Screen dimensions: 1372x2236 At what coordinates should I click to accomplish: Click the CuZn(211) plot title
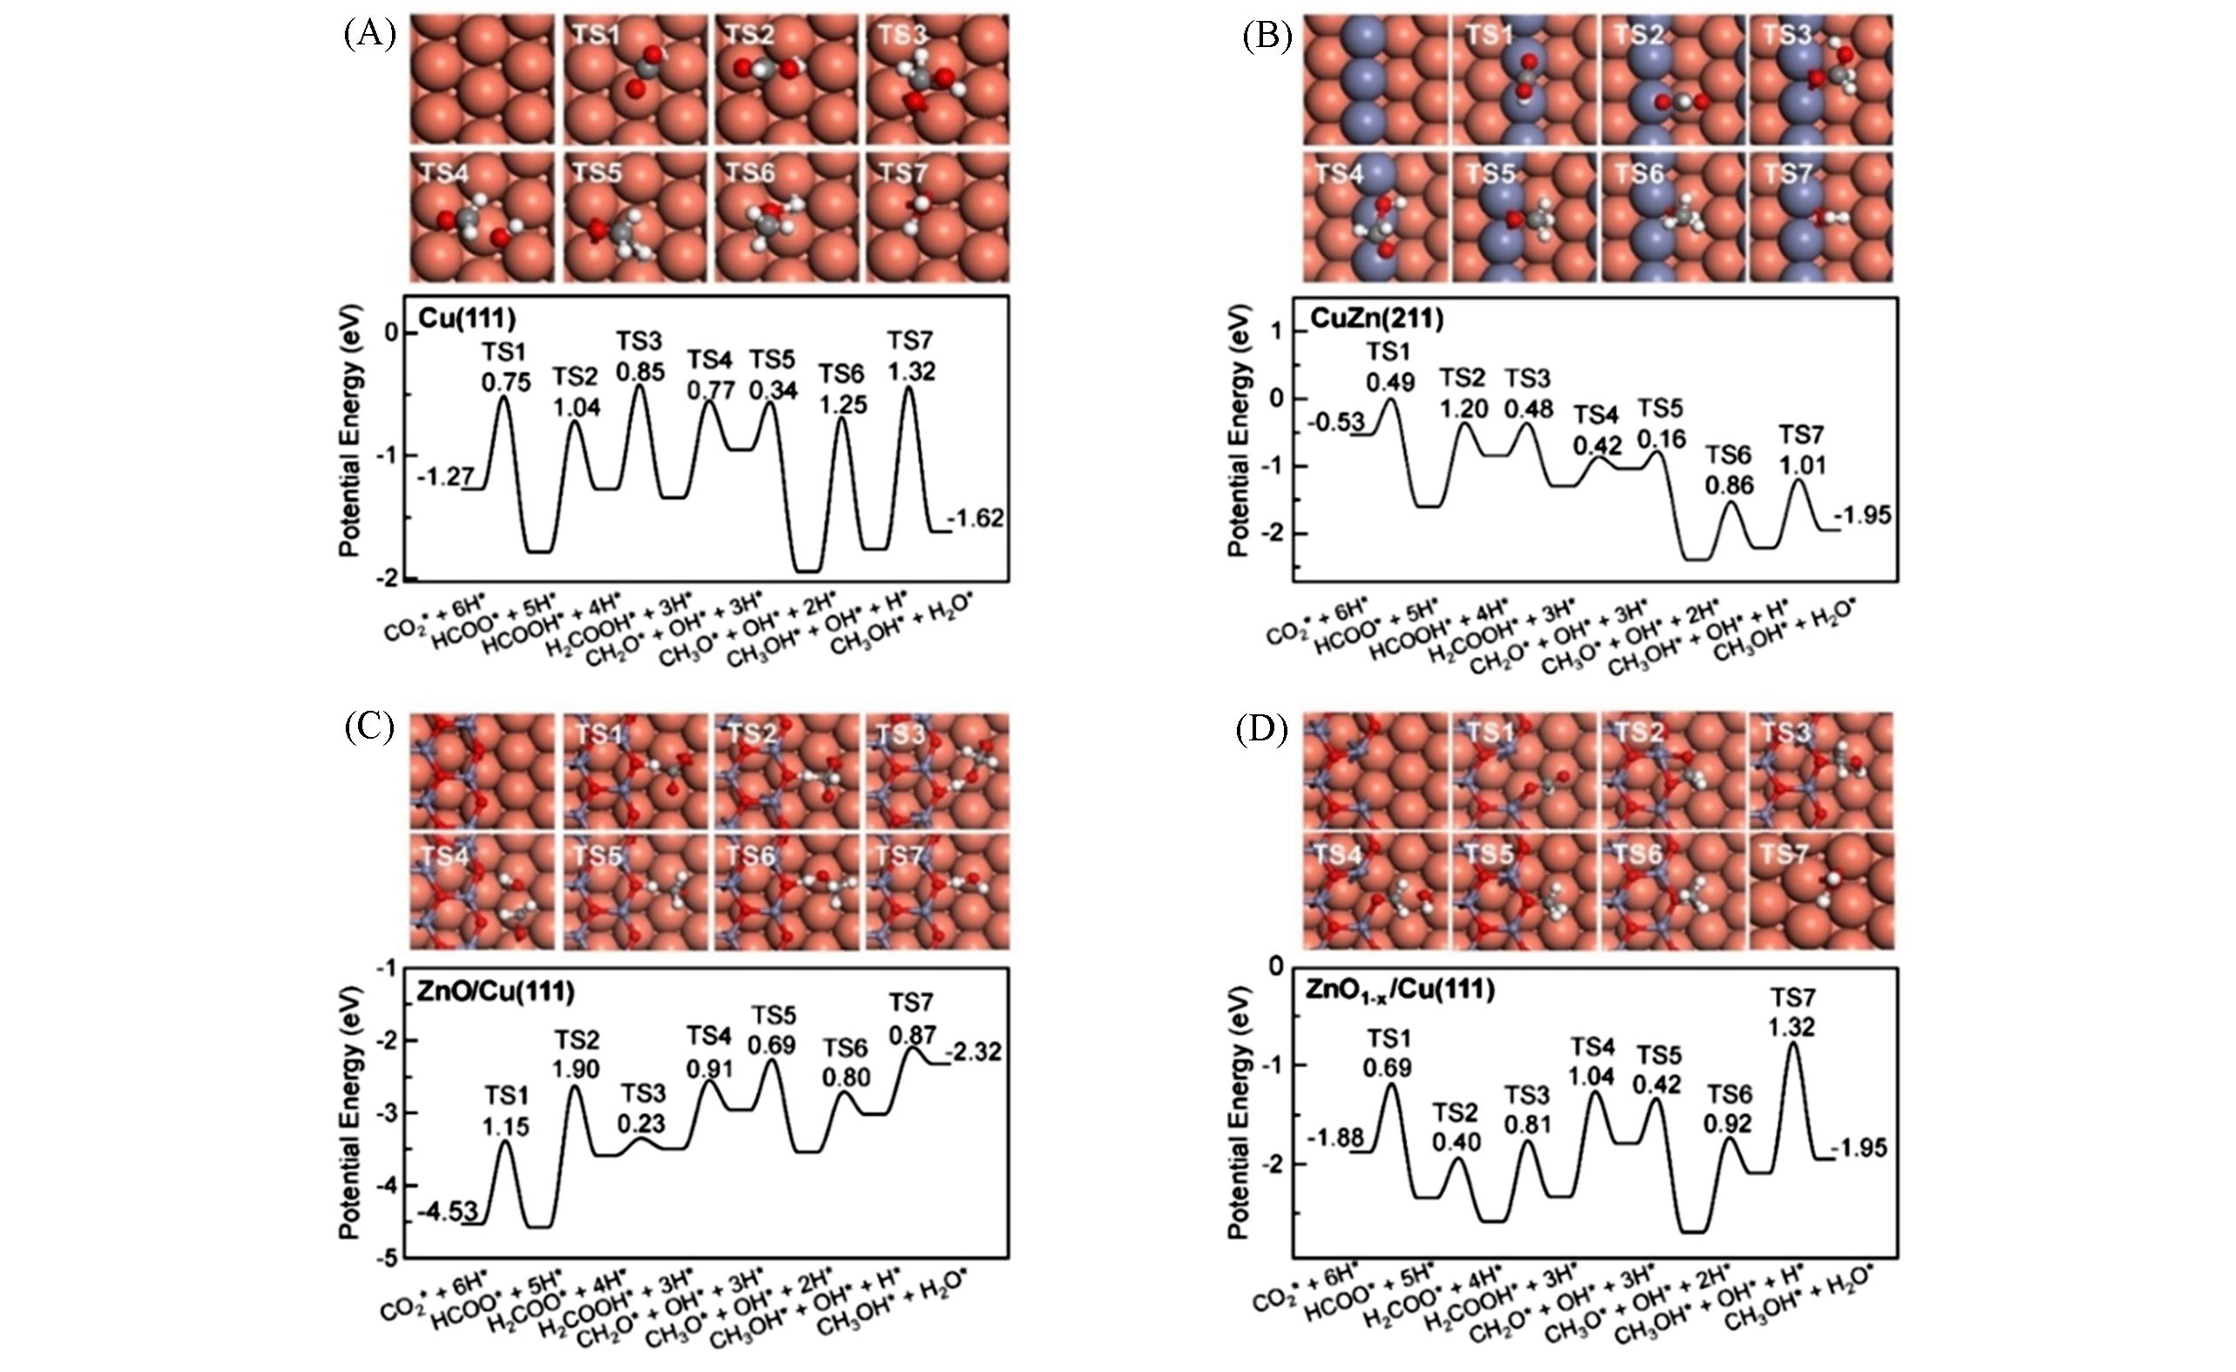click(x=1376, y=319)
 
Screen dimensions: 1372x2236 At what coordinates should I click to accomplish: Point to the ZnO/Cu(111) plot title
click(x=496, y=992)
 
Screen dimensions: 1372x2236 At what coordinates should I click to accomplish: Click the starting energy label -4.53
click(x=441, y=1213)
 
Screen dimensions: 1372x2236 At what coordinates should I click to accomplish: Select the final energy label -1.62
click(x=976, y=518)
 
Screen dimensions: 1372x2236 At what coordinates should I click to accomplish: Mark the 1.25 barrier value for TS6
click(x=843, y=404)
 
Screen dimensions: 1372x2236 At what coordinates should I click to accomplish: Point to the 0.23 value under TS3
click(x=641, y=1124)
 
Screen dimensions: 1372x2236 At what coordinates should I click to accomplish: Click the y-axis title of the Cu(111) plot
click(x=350, y=431)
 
